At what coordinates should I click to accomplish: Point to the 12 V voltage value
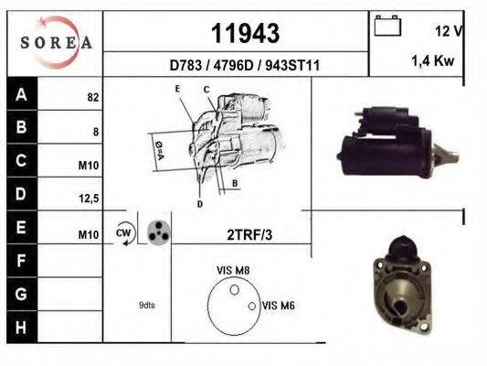pyautogui.click(x=450, y=30)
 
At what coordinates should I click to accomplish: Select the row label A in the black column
pyautogui.click(x=21, y=95)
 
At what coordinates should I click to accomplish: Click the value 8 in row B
pyautogui.click(x=95, y=132)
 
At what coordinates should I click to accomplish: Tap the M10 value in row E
pyautogui.click(x=89, y=235)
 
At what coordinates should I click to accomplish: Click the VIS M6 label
pyautogui.click(x=277, y=306)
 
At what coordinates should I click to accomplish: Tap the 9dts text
pyautogui.click(x=147, y=305)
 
